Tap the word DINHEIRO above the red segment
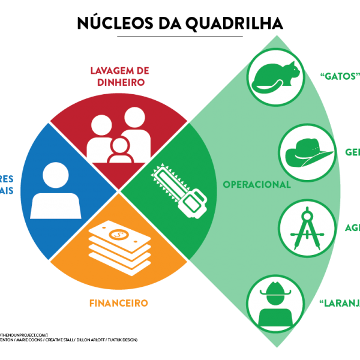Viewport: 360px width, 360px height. tap(120, 83)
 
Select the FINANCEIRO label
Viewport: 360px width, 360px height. tap(118, 303)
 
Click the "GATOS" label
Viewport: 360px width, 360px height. tap(340, 77)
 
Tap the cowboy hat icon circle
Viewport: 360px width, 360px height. tap(307, 154)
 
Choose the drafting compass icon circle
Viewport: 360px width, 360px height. tap(307, 229)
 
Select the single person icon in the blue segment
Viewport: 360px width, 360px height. tap(55, 191)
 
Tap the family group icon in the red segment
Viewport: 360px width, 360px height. tap(119, 139)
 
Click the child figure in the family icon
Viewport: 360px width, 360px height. tap(120, 151)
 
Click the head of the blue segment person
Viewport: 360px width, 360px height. tap(55, 175)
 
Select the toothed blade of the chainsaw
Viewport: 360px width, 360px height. tap(166, 179)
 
